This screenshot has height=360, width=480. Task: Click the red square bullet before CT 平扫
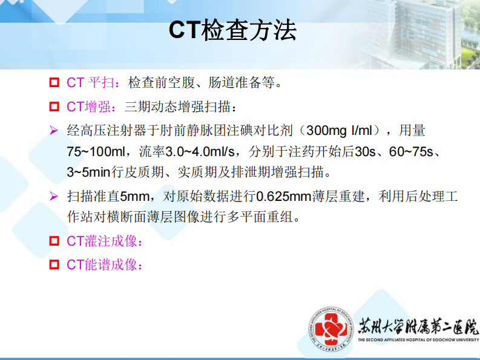coord(54,82)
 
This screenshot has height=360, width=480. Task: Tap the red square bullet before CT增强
coord(54,107)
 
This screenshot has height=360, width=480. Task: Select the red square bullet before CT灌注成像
coord(54,240)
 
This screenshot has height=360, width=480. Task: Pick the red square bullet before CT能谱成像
coord(54,264)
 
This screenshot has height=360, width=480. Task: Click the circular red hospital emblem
coord(329,330)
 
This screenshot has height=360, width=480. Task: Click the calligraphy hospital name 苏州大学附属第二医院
coord(418,326)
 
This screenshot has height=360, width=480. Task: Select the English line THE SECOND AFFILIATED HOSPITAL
coord(418,341)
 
